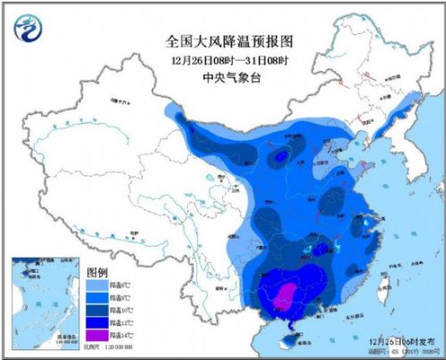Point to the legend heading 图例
point(97,272)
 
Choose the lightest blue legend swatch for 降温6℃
point(97,284)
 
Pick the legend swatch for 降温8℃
point(97,299)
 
